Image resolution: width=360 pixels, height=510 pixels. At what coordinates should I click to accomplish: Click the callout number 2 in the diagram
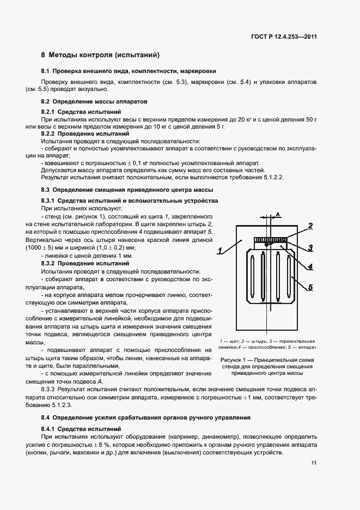click(310, 225)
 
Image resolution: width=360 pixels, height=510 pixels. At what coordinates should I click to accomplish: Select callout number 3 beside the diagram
click(310, 247)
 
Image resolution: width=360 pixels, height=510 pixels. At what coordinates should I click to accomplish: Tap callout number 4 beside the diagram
click(310, 266)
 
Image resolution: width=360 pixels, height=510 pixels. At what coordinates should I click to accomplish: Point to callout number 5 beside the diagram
click(310, 287)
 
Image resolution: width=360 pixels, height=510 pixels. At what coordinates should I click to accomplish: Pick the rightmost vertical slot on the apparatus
click(292, 277)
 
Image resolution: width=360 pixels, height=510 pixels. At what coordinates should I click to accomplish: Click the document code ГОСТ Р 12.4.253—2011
click(285, 37)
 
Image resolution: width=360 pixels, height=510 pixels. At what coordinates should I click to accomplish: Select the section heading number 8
click(44, 55)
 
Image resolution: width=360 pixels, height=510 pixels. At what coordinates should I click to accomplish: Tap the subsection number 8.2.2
click(51, 133)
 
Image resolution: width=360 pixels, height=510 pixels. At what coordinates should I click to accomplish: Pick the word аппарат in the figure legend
click(308, 347)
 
